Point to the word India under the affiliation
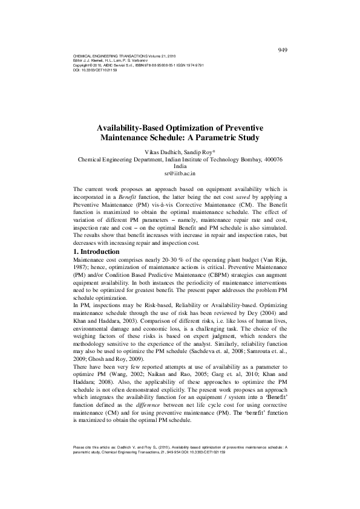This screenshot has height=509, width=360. point(180,166)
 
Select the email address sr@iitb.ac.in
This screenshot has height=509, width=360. point(180,173)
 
